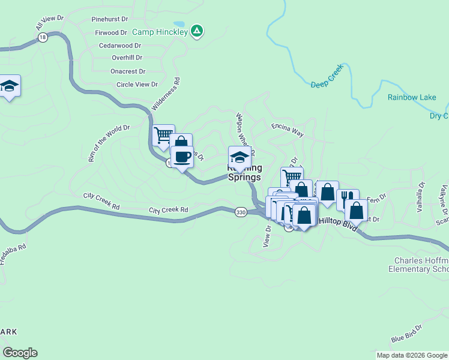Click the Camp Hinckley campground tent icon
pyautogui.click(x=196, y=31)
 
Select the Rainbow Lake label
pyautogui.click(x=411, y=97)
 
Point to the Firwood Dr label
pyautogui.click(x=111, y=32)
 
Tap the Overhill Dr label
pyautogui.click(x=127, y=58)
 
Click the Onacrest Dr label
pyautogui.click(x=126, y=71)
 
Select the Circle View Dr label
pyautogui.click(x=137, y=85)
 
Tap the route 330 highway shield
pyautogui.click(x=241, y=212)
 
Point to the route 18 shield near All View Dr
pyautogui.click(x=41, y=37)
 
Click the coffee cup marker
pyautogui.click(x=182, y=157)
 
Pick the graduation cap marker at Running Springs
pyautogui.click(x=240, y=157)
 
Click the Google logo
pyautogui.click(x=20, y=353)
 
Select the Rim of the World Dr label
pyautogui.click(x=109, y=144)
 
